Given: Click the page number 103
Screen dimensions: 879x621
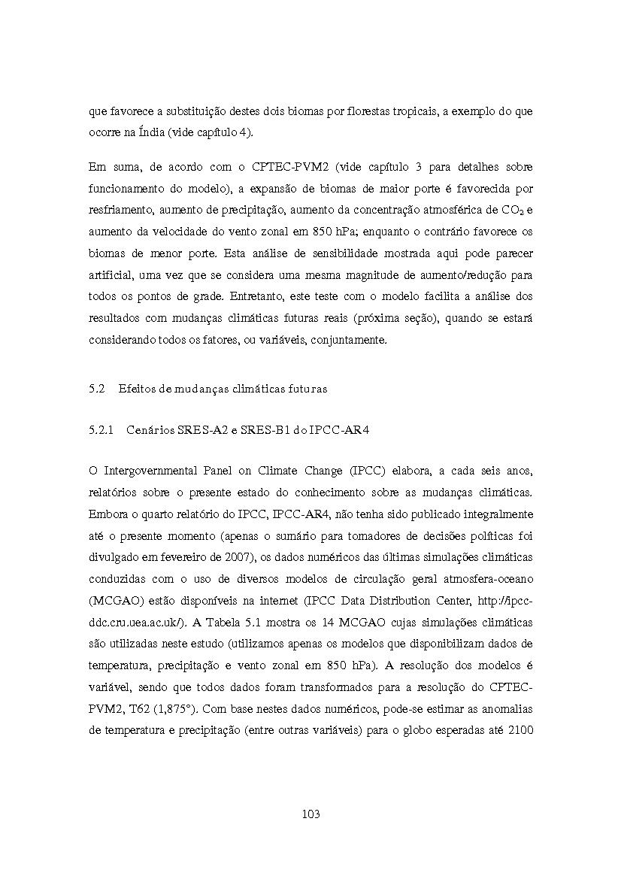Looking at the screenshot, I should (310, 814).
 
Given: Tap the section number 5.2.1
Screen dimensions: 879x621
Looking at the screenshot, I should (101, 429).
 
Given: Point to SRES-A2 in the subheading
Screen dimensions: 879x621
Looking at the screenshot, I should (198, 429).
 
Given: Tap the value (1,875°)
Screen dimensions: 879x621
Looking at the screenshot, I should (182, 708).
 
